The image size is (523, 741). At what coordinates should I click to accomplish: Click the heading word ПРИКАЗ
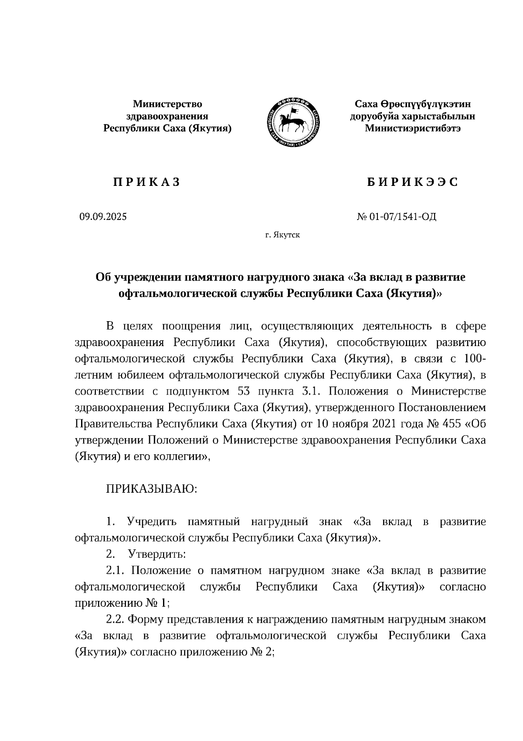(x=147, y=182)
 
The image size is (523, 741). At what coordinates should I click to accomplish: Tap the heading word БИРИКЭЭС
(x=412, y=182)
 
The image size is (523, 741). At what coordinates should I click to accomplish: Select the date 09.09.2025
(x=103, y=216)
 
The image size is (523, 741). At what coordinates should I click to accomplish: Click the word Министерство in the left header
(x=167, y=104)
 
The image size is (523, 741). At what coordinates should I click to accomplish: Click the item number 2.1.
(x=115, y=571)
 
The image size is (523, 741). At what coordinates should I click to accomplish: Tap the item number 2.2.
(x=115, y=620)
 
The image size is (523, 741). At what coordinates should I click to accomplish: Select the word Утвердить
(x=157, y=555)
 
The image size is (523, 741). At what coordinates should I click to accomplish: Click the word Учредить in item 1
(x=151, y=522)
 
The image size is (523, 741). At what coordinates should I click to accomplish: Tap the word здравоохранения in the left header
(x=167, y=117)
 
